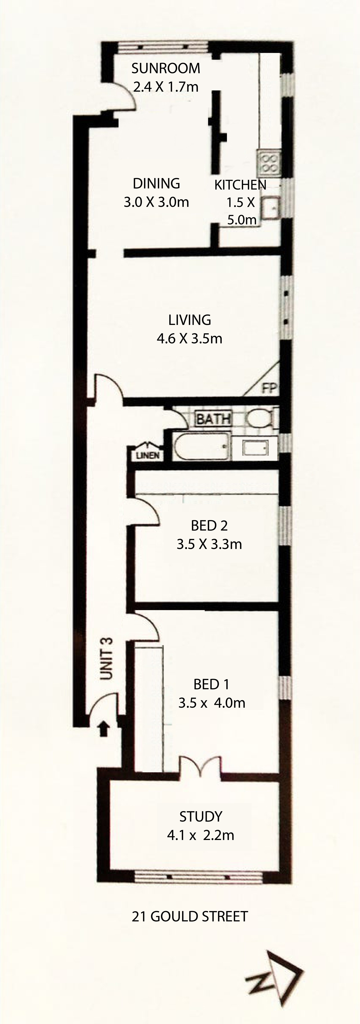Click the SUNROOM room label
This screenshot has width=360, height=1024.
point(166,68)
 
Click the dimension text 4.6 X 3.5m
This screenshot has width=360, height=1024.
point(190,338)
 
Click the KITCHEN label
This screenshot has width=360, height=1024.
point(240,185)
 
